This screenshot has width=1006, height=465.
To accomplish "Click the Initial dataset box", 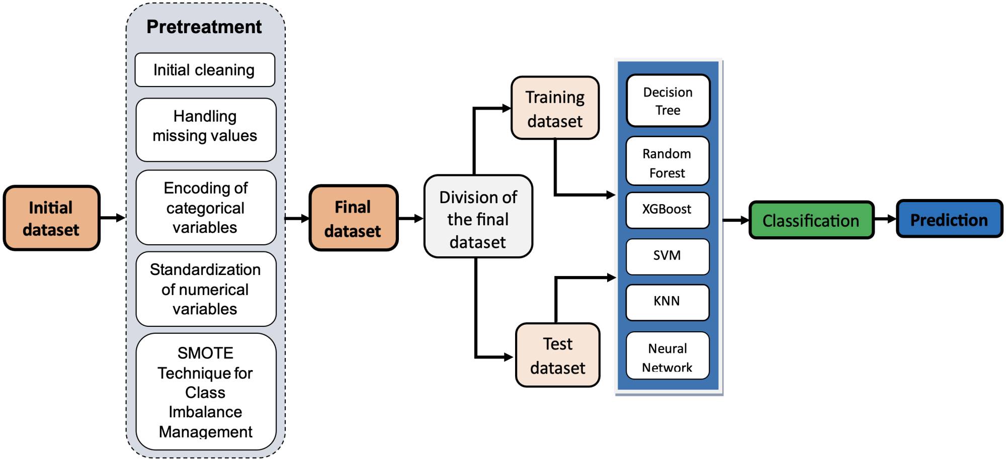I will pyautogui.click(x=51, y=218).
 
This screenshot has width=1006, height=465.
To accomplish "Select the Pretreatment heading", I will pyautogui.click(x=204, y=27).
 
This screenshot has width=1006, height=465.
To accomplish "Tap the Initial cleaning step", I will pyautogui.click(x=204, y=70).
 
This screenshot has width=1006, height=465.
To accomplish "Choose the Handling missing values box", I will pyautogui.click(x=205, y=129).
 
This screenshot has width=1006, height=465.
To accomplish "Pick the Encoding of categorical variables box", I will pyautogui.click(x=205, y=208).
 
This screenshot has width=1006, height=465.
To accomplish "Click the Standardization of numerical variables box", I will pyautogui.click(x=205, y=289).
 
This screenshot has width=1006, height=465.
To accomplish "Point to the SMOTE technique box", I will pyautogui.click(x=205, y=392).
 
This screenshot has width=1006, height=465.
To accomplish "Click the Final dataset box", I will pyautogui.click(x=353, y=218).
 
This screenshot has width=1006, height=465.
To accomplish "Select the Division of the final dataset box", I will pyautogui.click(x=478, y=217).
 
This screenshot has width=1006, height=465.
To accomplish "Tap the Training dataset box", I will pyautogui.click(x=555, y=108).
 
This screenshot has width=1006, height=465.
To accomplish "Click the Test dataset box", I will pyautogui.click(x=557, y=355).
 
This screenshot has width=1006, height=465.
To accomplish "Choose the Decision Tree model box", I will pyautogui.click(x=667, y=101).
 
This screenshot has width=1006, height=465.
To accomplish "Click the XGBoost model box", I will pyautogui.click(x=667, y=210).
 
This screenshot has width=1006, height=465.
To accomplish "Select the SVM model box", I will pyautogui.click(x=667, y=256).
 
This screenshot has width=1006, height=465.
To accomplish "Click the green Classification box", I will pyautogui.click(x=811, y=220).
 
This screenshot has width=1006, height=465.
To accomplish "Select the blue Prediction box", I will pyautogui.click(x=949, y=219).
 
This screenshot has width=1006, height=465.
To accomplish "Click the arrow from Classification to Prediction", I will pyautogui.click(x=885, y=219).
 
